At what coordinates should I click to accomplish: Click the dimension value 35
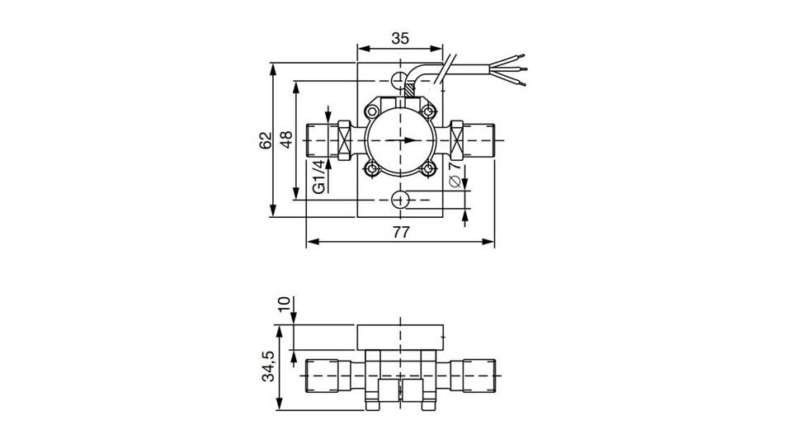click(400, 39)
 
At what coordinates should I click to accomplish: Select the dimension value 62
click(266, 140)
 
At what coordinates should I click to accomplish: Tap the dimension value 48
click(286, 139)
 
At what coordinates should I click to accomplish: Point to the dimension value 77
click(401, 232)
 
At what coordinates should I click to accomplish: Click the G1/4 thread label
click(318, 177)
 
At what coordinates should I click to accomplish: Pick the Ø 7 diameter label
click(455, 174)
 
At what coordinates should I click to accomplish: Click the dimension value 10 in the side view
click(285, 305)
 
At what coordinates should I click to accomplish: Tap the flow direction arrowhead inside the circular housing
click(412, 140)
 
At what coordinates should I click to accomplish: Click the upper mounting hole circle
click(400, 80)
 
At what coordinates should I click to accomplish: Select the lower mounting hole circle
click(400, 200)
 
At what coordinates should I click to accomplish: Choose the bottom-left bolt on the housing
click(372, 168)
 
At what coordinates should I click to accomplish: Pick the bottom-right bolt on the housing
click(428, 168)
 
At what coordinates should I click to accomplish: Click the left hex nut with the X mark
click(344, 140)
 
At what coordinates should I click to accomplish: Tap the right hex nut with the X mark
click(456, 140)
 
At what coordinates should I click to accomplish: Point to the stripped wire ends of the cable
click(509, 69)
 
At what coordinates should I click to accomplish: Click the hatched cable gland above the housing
click(408, 91)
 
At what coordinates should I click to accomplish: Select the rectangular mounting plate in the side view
click(400, 337)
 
